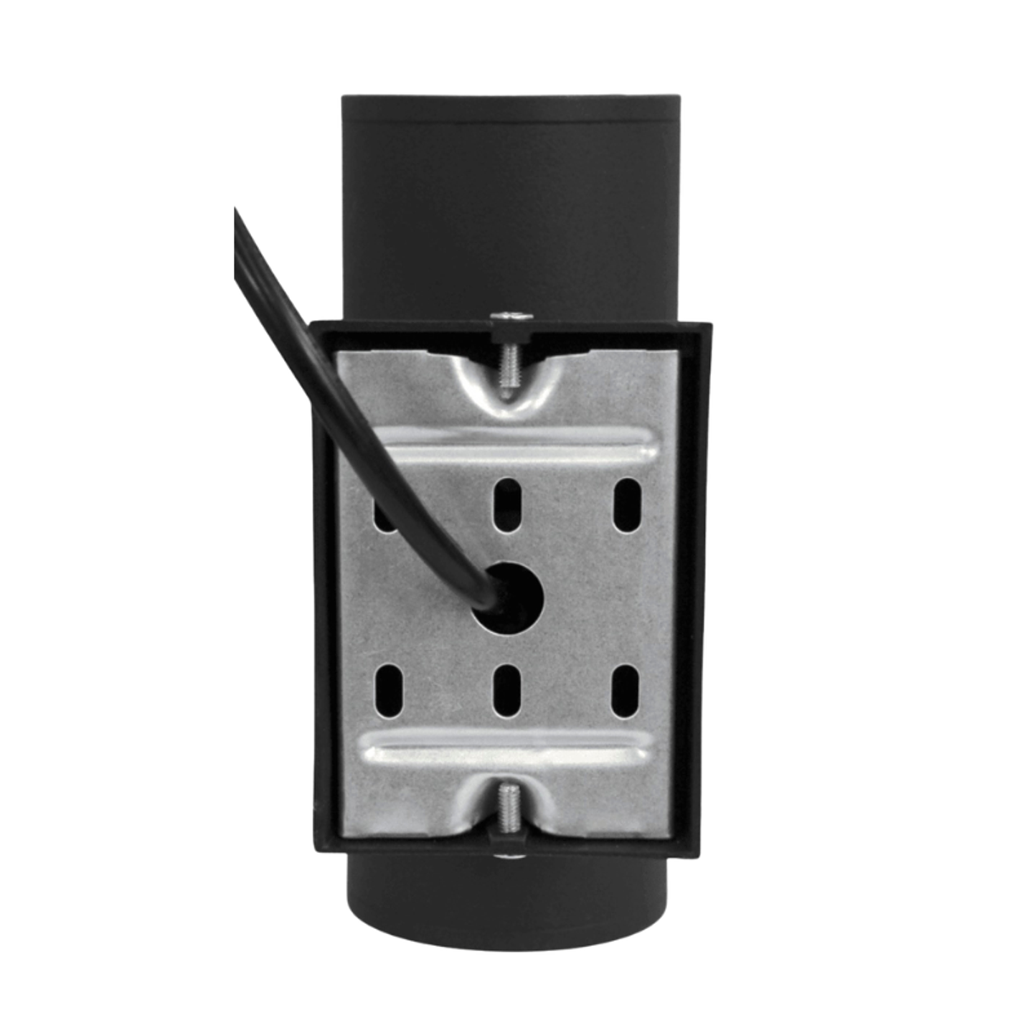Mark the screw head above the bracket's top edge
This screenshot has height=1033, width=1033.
pyautogui.click(x=509, y=316)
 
